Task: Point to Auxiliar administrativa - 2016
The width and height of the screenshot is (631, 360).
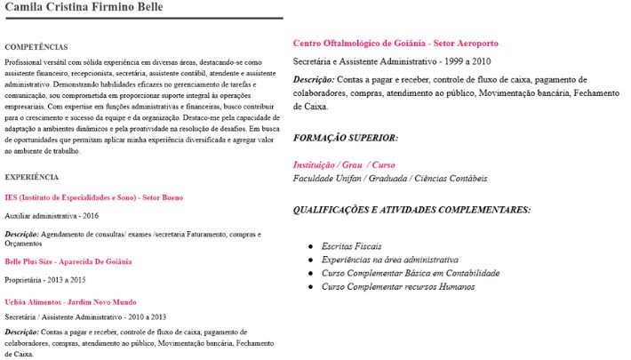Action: coord(52,216)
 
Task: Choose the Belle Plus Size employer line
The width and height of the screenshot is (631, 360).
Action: coord(68,261)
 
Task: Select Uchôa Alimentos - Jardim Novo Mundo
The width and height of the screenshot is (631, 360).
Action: coord(70,302)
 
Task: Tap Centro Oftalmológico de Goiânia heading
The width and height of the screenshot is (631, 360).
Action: coord(395,43)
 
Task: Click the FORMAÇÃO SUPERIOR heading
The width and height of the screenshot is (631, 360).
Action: coord(346,138)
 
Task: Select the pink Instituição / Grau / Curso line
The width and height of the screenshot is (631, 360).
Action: coord(344,165)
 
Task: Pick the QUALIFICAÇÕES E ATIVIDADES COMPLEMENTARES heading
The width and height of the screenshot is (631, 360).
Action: coord(412,210)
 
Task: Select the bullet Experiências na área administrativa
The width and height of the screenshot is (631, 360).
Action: coord(390,259)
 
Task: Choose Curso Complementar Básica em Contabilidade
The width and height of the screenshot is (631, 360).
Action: coord(403,273)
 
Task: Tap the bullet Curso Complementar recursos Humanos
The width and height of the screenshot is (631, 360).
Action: coord(398,287)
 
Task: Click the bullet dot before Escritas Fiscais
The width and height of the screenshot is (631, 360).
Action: coord(310,244)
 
